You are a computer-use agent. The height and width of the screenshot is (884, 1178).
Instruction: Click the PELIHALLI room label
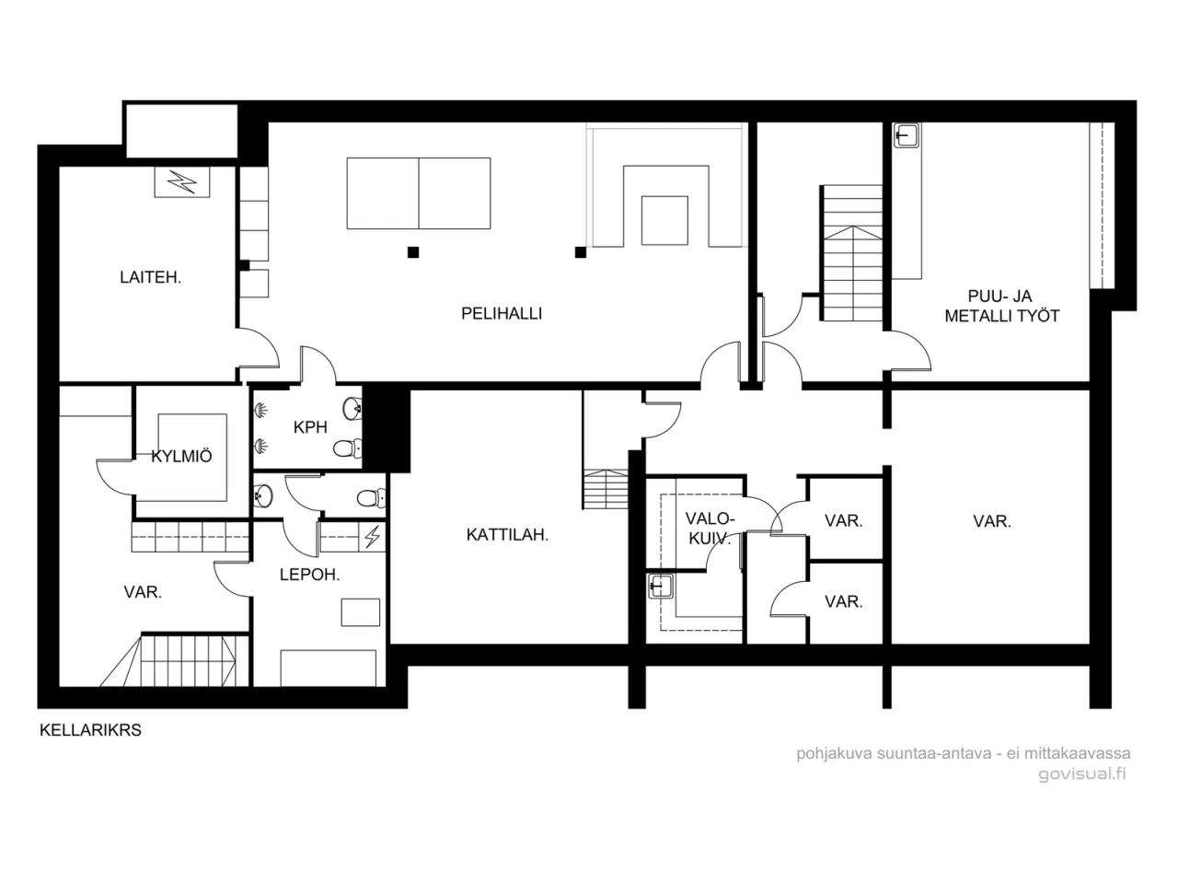click(501, 313)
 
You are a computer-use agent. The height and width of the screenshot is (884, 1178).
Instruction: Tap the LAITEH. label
click(150, 276)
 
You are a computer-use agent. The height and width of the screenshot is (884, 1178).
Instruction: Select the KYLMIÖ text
click(181, 456)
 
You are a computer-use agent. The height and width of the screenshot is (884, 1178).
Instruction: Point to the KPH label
click(310, 427)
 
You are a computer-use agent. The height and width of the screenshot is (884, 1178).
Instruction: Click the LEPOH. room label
click(309, 575)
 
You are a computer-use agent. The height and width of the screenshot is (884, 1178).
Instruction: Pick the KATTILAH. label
click(507, 534)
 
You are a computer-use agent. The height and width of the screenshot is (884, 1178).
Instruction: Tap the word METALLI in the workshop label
click(975, 316)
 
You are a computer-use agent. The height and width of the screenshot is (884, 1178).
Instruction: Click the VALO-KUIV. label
click(709, 529)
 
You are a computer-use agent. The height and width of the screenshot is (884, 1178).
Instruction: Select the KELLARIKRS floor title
click(90, 730)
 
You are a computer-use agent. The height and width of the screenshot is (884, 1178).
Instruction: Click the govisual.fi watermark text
click(1081, 773)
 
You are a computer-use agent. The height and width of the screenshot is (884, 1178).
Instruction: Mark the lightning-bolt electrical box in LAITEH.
click(181, 181)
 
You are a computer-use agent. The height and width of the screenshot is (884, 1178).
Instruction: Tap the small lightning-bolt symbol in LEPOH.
click(372, 537)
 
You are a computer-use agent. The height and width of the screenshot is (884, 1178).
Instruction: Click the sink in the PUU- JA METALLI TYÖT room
click(907, 135)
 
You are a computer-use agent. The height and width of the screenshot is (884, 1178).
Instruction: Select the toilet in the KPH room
click(343, 449)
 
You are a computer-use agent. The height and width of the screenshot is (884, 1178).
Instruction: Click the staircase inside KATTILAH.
click(603, 488)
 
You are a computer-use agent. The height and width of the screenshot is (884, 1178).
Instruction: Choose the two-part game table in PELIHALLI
click(419, 193)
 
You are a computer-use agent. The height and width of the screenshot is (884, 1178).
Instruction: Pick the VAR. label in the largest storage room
click(991, 521)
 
